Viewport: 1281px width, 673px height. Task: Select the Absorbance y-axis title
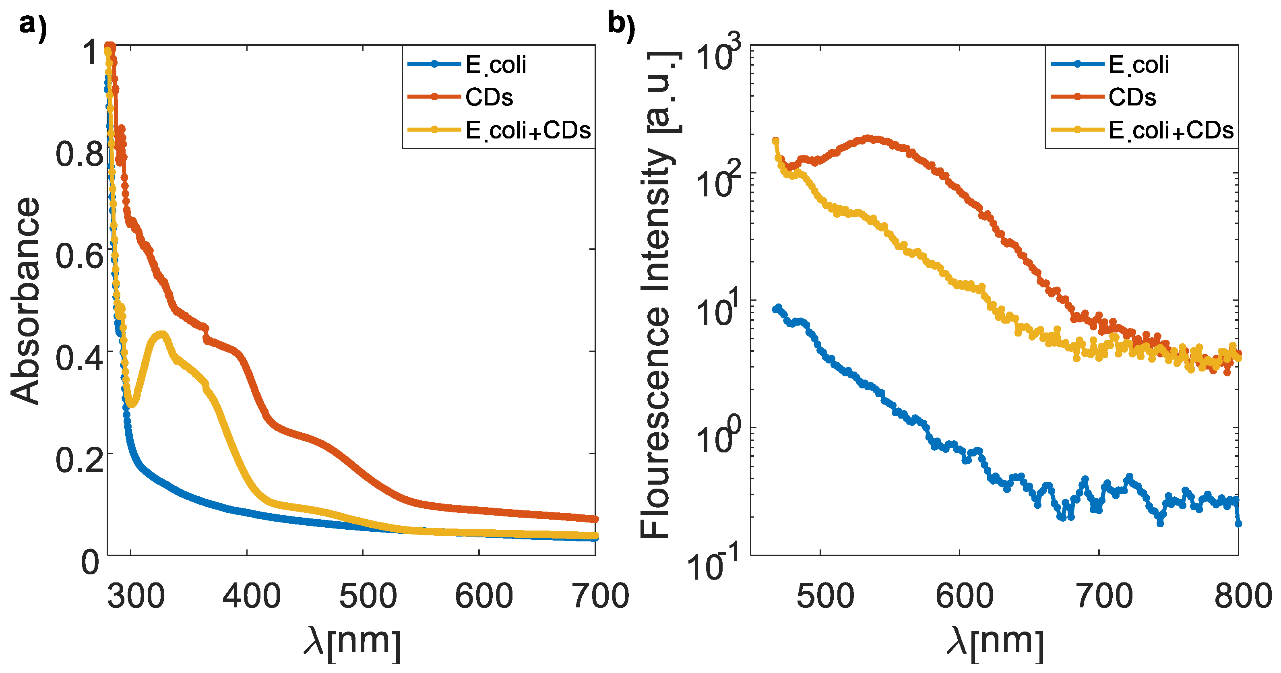point(25,301)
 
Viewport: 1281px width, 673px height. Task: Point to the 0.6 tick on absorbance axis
point(80,256)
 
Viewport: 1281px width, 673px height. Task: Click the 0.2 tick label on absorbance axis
point(80,460)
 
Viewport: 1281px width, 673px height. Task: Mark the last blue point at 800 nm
point(1238,523)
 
